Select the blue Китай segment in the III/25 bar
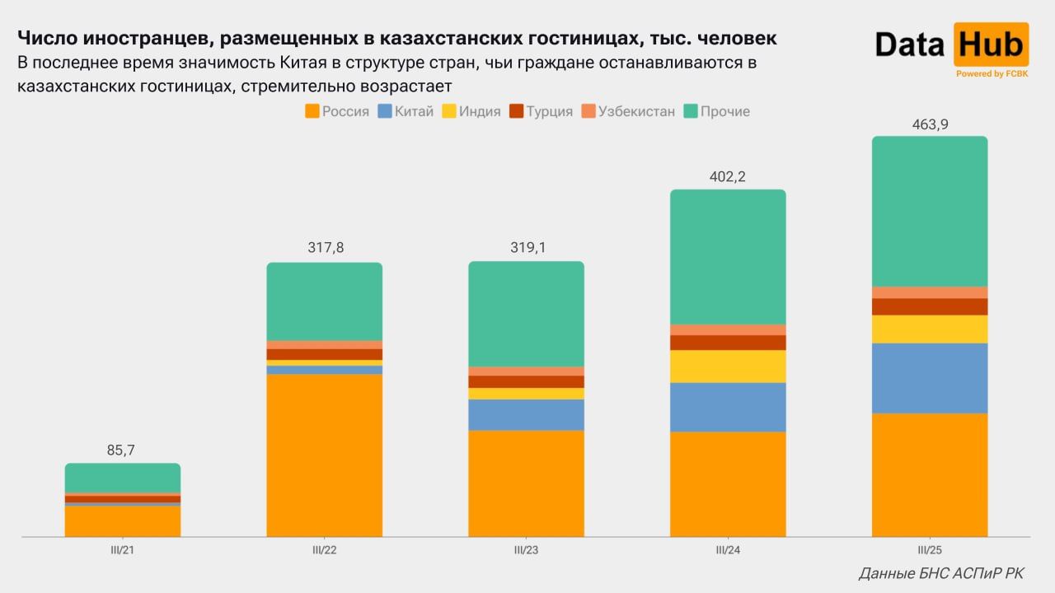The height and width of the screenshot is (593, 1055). pyautogui.click(x=929, y=378)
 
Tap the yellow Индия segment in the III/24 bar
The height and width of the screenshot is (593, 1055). pyautogui.click(x=727, y=367)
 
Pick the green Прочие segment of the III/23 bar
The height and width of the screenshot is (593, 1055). pyautogui.click(x=526, y=314)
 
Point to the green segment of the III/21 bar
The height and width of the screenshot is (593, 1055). pyautogui.click(x=122, y=478)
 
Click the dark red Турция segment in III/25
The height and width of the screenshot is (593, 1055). pyautogui.click(x=929, y=306)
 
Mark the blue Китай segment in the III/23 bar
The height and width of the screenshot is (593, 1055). pyautogui.click(x=526, y=415)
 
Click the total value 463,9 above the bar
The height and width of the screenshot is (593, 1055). pyautogui.click(x=929, y=124)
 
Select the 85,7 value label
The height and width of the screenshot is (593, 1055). pyautogui.click(x=121, y=451)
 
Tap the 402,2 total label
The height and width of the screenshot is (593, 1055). pyautogui.click(x=727, y=177)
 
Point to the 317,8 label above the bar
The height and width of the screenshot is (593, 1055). pyautogui.click(x=324, y=249)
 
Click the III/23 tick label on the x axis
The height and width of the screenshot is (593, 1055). pyautogui.click(x=526, y=550)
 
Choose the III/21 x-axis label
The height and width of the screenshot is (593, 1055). pyautogui.click(x=122, y=550)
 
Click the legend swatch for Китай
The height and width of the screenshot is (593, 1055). pyautogui.click(x=384, y=111)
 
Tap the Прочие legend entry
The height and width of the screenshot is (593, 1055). pyautogui.click(x=724, y=111)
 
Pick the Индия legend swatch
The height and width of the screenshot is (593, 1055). pyautogui.click(x=449, y=111)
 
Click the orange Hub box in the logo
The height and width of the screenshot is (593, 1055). pyautogui.click(x=991, y=44)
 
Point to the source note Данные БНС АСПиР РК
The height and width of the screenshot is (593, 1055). pyautogui.click(x=941, y=573)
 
